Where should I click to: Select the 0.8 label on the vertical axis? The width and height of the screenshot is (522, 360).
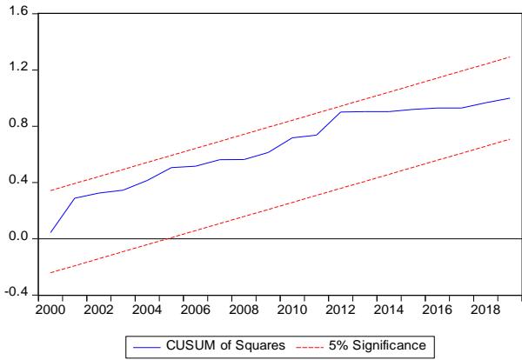click(18, 126)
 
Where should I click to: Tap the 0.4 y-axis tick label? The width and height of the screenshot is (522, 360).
click(18, 182)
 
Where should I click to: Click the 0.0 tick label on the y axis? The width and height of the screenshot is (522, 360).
click(18, 238)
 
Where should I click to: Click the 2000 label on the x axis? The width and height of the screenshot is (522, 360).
click(51, 308)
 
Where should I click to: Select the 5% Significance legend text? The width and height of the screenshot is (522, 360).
click(376, 346)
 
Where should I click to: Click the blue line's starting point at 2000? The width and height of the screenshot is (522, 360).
click(51, 232)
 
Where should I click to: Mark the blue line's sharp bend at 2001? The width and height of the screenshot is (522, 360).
click(75, 198)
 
